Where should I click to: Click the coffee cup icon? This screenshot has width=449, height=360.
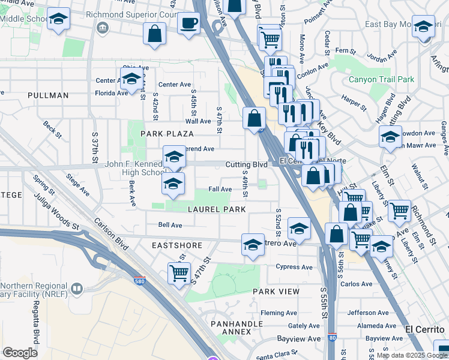tap(189, 25)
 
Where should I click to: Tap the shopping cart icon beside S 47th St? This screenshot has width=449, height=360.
tap(179, 273)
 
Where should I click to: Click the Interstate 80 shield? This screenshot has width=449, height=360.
tap(332, 338)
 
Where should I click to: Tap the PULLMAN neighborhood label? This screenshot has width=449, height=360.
tap(48, 95)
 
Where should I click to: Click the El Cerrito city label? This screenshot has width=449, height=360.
tap(424, 329)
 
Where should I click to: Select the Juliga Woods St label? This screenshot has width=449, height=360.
tap(56, 210)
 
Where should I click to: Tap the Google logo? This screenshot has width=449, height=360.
tap(20, 352)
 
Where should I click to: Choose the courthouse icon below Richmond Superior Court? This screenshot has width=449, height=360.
tap(102, 28)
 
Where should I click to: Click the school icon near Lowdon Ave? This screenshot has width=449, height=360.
tap(390, 137)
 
